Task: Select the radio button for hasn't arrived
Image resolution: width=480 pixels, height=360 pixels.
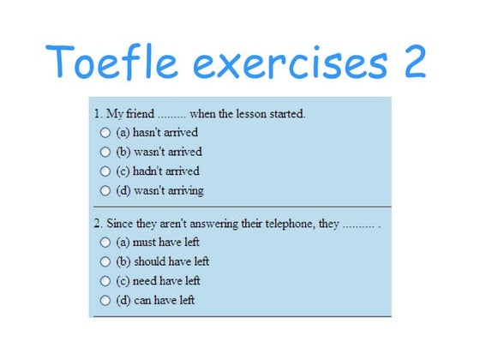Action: [x=105, y=133]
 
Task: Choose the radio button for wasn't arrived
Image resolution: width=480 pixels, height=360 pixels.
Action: [x=105, y=152]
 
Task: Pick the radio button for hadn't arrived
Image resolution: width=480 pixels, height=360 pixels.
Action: [x=105, y=171]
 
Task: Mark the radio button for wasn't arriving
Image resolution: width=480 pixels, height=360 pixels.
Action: [x=105, y=190]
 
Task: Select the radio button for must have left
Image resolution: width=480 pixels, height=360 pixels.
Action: [x=105, y=243]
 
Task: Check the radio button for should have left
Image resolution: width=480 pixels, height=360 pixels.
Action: [x=105, y=261]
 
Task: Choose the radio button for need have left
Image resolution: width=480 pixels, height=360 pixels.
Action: [x=105, y=281]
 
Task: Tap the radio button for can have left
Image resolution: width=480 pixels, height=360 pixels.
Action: [x=105, y=301]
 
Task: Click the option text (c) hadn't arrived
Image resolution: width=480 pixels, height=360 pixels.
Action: [x=158, y=171]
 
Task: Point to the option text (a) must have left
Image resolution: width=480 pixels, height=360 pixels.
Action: [x=158, y=243]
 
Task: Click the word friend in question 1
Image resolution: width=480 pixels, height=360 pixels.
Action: [x=141, y=113]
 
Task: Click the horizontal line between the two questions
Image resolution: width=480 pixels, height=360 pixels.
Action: [x=241, y=207]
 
